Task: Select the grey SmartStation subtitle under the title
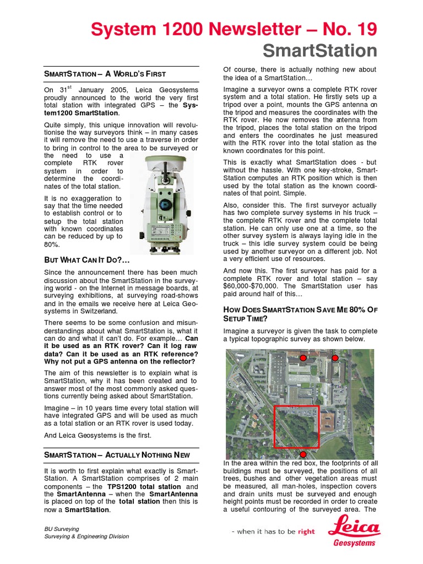[319, 51]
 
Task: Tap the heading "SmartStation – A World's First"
[105, 74]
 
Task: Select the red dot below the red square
[302, 454]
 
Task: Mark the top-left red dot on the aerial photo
[303, 358]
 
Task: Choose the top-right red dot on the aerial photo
[335, 358]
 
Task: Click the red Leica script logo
[354, 529]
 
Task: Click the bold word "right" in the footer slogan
[306, 532]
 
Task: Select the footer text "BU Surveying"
[62, 528]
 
